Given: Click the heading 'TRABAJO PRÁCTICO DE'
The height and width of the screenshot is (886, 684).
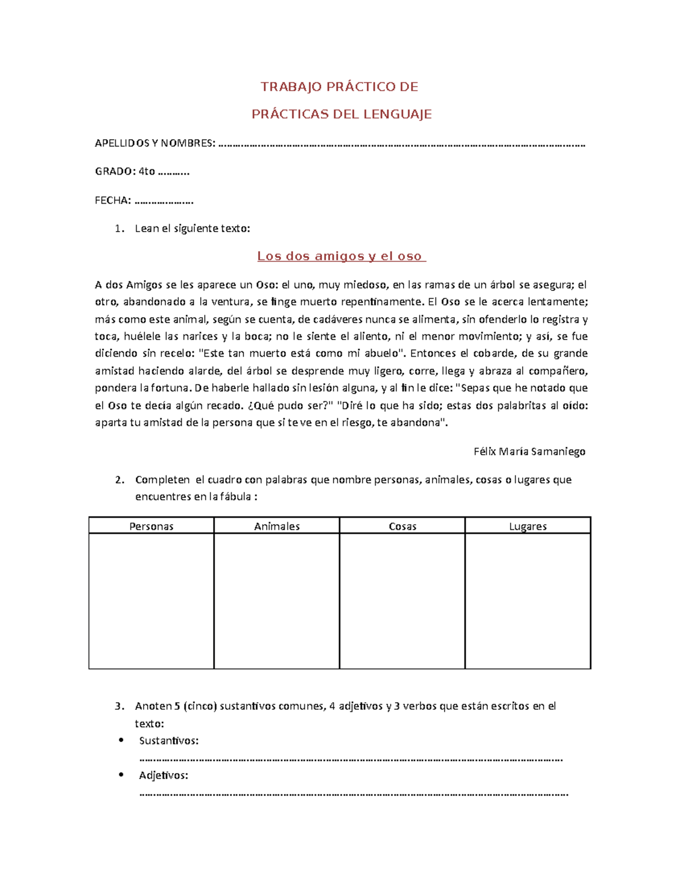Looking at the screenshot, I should tap(339, 87).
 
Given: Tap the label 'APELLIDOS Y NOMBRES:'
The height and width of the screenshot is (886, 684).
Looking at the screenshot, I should tap(155, 143).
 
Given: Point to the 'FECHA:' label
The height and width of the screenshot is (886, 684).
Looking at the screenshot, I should tap(113, 200).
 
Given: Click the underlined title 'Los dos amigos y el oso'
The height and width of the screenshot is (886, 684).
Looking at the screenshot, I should tap(341, 256).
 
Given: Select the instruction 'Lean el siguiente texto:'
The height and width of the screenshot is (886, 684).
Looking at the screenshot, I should tap(192, 228).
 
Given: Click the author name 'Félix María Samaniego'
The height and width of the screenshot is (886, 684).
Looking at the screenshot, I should tap(529, 451).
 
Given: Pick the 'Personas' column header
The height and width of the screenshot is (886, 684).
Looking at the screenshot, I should tap(151, 526).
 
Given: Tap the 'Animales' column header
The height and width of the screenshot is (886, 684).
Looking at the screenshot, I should tap(276, 526).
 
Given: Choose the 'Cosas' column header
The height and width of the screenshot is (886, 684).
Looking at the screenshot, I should tap(402, 526).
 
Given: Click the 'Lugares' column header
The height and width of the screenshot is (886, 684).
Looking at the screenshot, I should tap(528, 526).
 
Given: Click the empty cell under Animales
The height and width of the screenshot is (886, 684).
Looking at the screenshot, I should tap(276, 600).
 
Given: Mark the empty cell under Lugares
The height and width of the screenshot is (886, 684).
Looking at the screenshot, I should tap(528, 600).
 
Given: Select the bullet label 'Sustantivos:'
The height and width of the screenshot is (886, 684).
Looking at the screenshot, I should tap(169, 741).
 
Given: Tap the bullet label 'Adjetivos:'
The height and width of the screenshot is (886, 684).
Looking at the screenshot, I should tap(164, 775).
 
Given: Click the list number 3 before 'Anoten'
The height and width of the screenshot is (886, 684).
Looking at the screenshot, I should tap(119, 706).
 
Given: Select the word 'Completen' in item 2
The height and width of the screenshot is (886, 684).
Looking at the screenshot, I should tap(162, 480).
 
